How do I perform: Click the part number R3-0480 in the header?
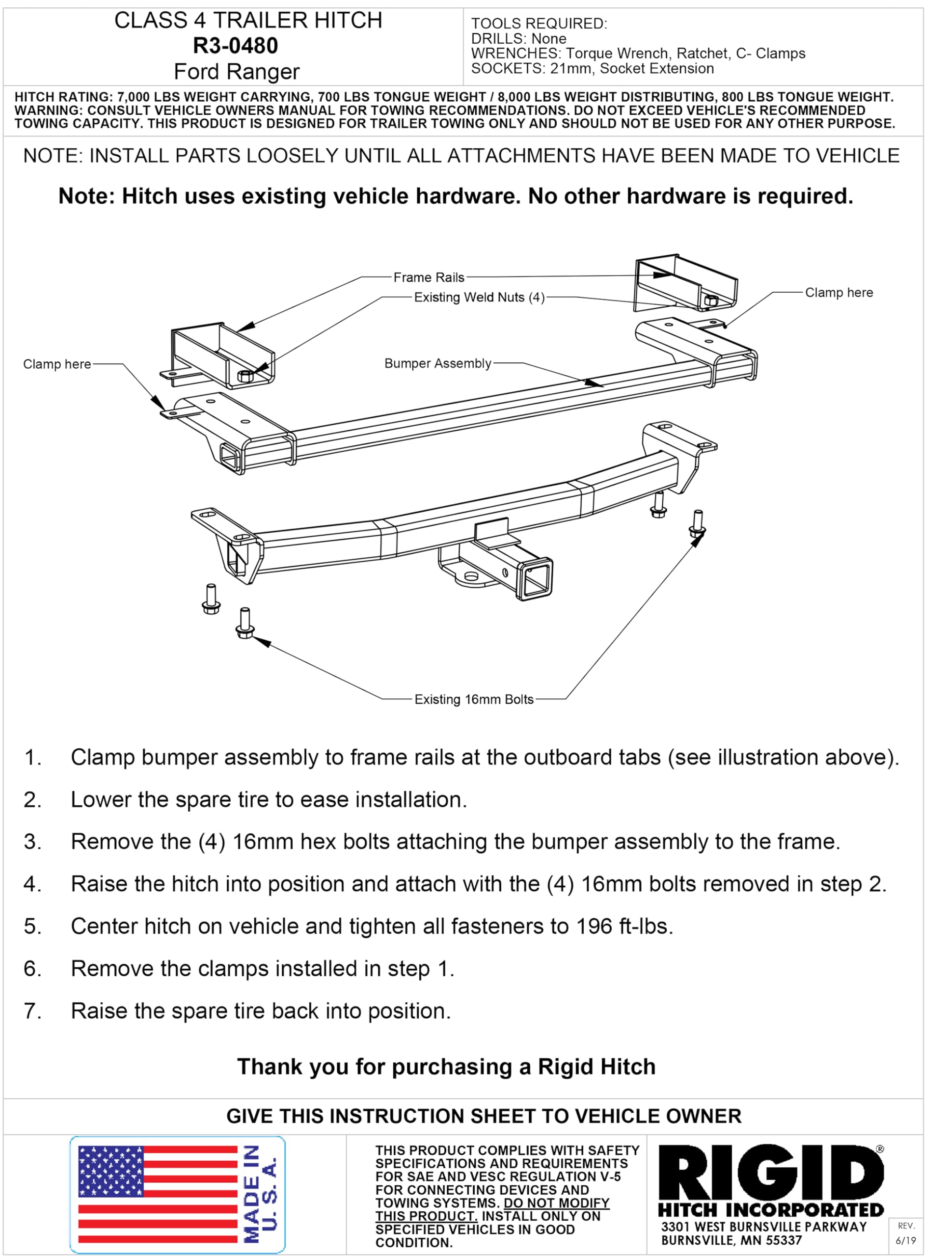235,46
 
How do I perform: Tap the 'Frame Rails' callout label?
429,277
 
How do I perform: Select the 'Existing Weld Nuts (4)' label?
479,297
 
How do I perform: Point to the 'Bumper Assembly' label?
437,363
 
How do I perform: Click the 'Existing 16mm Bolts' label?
474,699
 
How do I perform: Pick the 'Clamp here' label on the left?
57,364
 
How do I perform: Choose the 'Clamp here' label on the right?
839,293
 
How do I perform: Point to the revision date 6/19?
905,1240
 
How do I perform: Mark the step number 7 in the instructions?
32,1011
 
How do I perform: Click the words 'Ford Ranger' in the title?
236,72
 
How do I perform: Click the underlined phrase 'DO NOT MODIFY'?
556,1203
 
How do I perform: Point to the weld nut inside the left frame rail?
245,375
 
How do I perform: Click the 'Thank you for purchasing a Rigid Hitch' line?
446,1066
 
